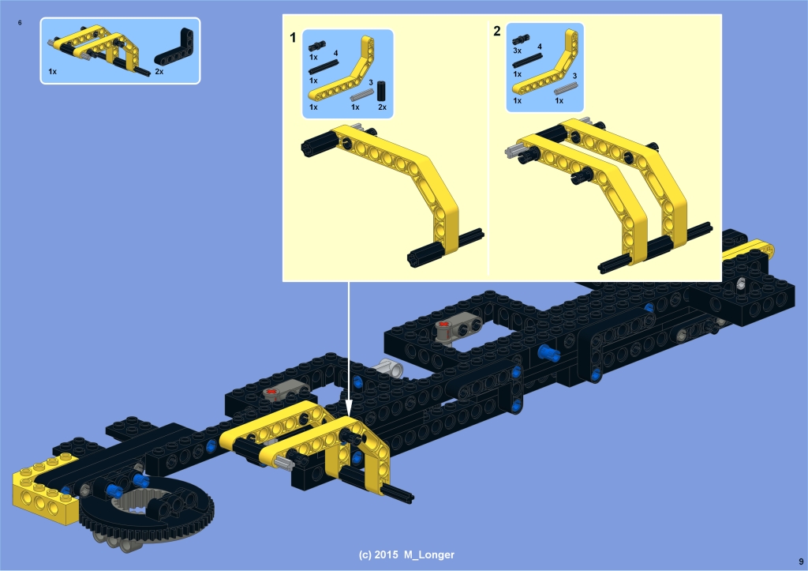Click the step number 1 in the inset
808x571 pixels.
[x=293, y=38]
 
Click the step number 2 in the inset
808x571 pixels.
[x=497, y=32]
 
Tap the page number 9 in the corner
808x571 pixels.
[x=802, y=562]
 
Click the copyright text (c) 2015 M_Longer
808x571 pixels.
[x=406, y=555]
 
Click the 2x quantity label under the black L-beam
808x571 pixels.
[x=159, y=72]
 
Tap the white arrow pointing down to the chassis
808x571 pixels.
[x=348, y=349]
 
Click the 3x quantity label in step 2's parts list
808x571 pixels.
[x=518, y=51]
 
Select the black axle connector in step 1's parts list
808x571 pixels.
[x=381, y=91]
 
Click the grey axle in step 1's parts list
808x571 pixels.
[x=361, y=95]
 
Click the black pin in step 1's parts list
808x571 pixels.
[x=317, y=46]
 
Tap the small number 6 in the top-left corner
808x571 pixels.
[x=20, y=23]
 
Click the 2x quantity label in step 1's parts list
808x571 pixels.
[x=382, y=107]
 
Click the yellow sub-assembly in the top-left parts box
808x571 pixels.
[x=98, y=49]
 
